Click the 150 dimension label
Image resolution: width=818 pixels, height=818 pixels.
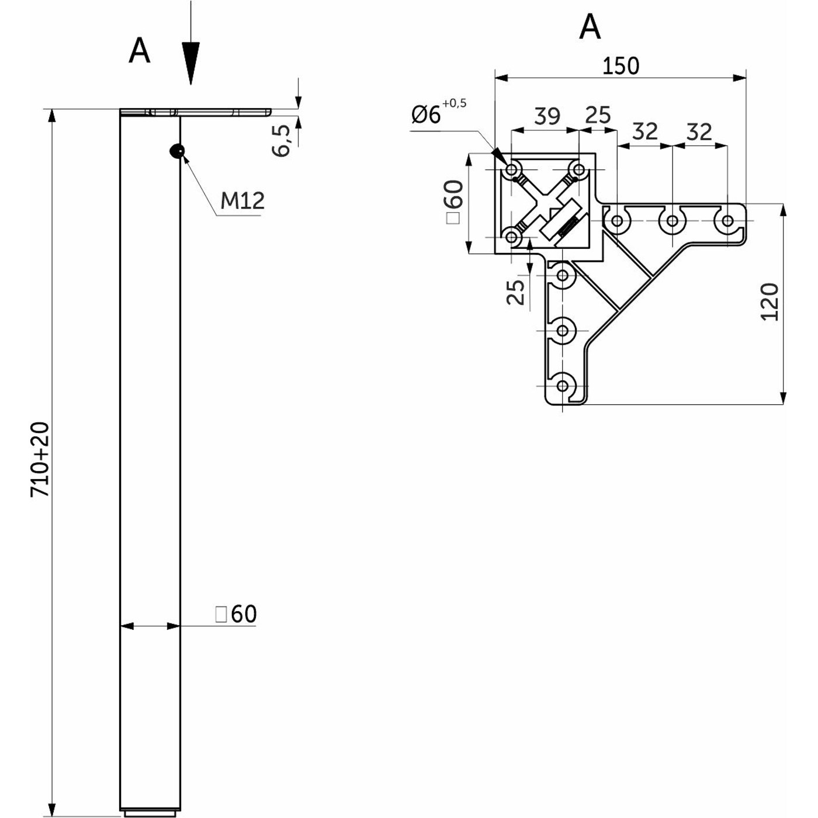point(621,66)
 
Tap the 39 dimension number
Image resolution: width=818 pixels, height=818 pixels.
point(547,116)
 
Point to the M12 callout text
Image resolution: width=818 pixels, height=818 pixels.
point(242,200)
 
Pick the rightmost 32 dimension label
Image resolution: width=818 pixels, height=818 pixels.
point(699,131)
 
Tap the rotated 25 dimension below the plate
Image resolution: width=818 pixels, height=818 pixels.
point(516,292)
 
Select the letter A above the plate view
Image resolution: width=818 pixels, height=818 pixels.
point(590,26)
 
